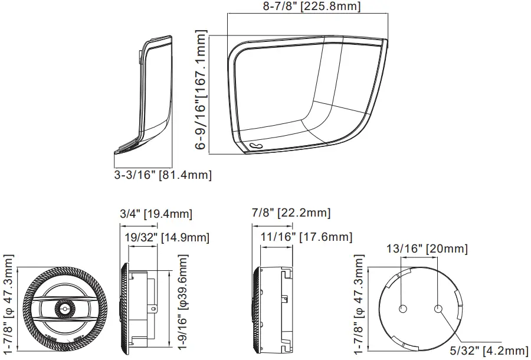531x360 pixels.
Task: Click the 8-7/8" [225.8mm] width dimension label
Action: point(312,6)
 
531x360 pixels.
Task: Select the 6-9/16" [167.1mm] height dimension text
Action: point(201,90)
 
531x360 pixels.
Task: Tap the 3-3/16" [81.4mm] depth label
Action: point(163,175)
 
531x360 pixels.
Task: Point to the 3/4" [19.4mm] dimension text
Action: point(156,214)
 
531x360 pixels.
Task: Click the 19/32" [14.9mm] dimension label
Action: point(167,237)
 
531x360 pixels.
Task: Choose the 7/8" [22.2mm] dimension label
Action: point(291,212)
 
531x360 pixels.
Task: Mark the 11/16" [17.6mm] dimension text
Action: point(306,237)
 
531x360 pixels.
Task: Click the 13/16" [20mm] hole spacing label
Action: point(427,249)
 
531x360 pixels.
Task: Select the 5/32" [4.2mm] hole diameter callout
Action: point(489,351)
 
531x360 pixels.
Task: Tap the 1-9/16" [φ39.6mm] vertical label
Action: point(182,302)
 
